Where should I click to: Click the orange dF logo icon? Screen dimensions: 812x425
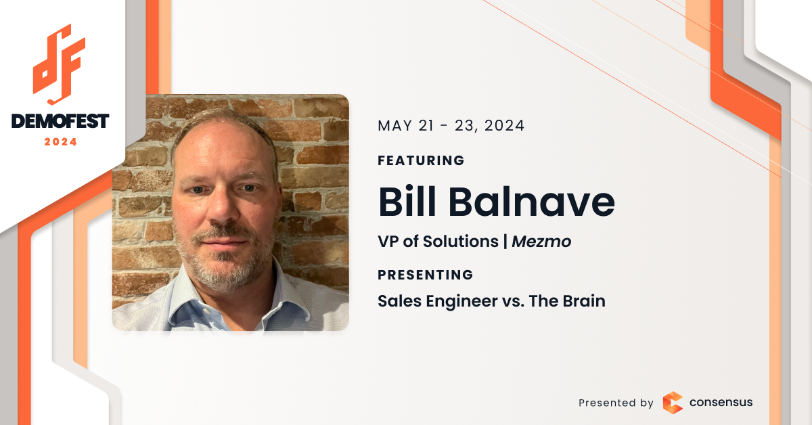click(60, 64)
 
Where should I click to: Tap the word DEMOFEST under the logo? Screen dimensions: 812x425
click(60, 121)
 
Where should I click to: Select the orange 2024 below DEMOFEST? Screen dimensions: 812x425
click(60, 142)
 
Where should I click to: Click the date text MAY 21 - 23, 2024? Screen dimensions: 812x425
click(451, 126)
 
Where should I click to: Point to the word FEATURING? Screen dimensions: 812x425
click(421, 160)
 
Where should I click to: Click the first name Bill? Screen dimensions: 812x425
click(407, 201)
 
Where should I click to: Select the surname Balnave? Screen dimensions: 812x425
click(532, 201)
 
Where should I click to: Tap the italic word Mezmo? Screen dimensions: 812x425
click(541, 242)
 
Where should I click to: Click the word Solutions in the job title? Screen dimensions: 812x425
click(461, 242)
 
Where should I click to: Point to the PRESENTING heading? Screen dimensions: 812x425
click(426, 275)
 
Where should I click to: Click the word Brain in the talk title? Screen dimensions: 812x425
click(584, 301)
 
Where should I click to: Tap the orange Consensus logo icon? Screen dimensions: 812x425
click(673, 403)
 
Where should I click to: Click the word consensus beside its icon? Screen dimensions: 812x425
click(721, 402)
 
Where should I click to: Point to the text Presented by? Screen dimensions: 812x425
click(616, 403)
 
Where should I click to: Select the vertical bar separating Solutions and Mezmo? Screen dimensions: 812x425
click(505, 242)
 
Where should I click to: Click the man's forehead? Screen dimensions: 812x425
click(221, 149)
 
